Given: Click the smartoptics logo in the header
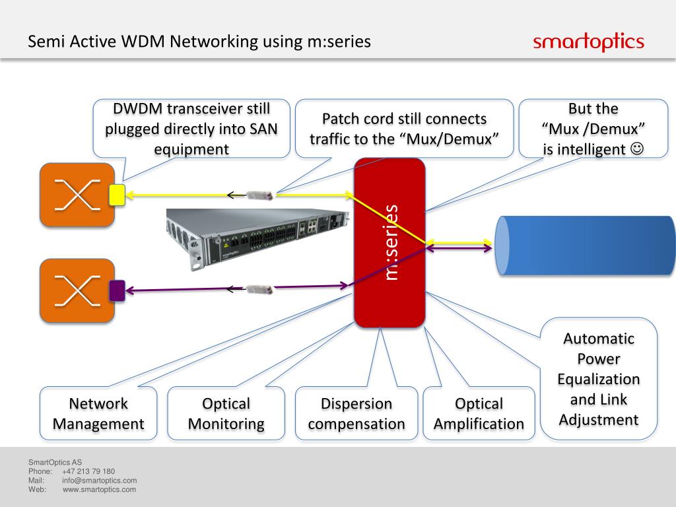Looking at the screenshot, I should pos(588,43).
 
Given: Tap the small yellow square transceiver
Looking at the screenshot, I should pos(117,193).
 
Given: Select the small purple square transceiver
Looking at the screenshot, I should pos(117,290).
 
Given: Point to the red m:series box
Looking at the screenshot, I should pos(389,242).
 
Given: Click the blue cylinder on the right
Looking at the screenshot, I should pos(585,245).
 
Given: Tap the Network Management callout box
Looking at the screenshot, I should pos(98,414).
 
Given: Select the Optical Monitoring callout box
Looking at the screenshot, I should pos(226,414).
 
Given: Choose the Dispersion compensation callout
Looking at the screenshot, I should pos(356,414).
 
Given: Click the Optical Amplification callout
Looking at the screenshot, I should pos(479,414).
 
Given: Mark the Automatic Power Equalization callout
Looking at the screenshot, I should pos(598,379).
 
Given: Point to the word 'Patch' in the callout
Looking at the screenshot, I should pos(340,119).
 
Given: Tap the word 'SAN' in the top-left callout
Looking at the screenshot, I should pos(253,129).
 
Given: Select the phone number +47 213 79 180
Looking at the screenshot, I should pos(88,471).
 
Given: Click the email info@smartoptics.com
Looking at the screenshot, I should pos(99,481).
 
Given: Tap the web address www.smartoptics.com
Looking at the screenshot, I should pos(100,489).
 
